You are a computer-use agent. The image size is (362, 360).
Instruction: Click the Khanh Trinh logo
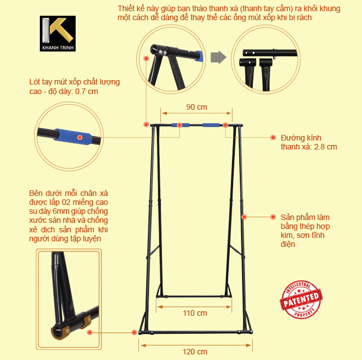pos(58,34)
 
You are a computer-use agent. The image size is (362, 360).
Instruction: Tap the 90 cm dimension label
pos(196,107)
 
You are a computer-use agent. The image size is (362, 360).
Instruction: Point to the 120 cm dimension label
pos(195,352)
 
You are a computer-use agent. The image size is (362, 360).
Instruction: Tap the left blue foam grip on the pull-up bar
pos(183,125)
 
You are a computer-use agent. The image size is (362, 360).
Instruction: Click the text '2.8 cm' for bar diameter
pos(325,147)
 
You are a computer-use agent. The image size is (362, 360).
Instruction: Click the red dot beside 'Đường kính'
pos(273,137)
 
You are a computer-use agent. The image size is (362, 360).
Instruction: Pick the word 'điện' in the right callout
pos(287,245)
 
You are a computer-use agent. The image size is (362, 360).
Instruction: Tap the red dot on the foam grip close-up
pos(80,137)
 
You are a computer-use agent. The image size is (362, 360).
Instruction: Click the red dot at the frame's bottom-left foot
pos(134,332)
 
